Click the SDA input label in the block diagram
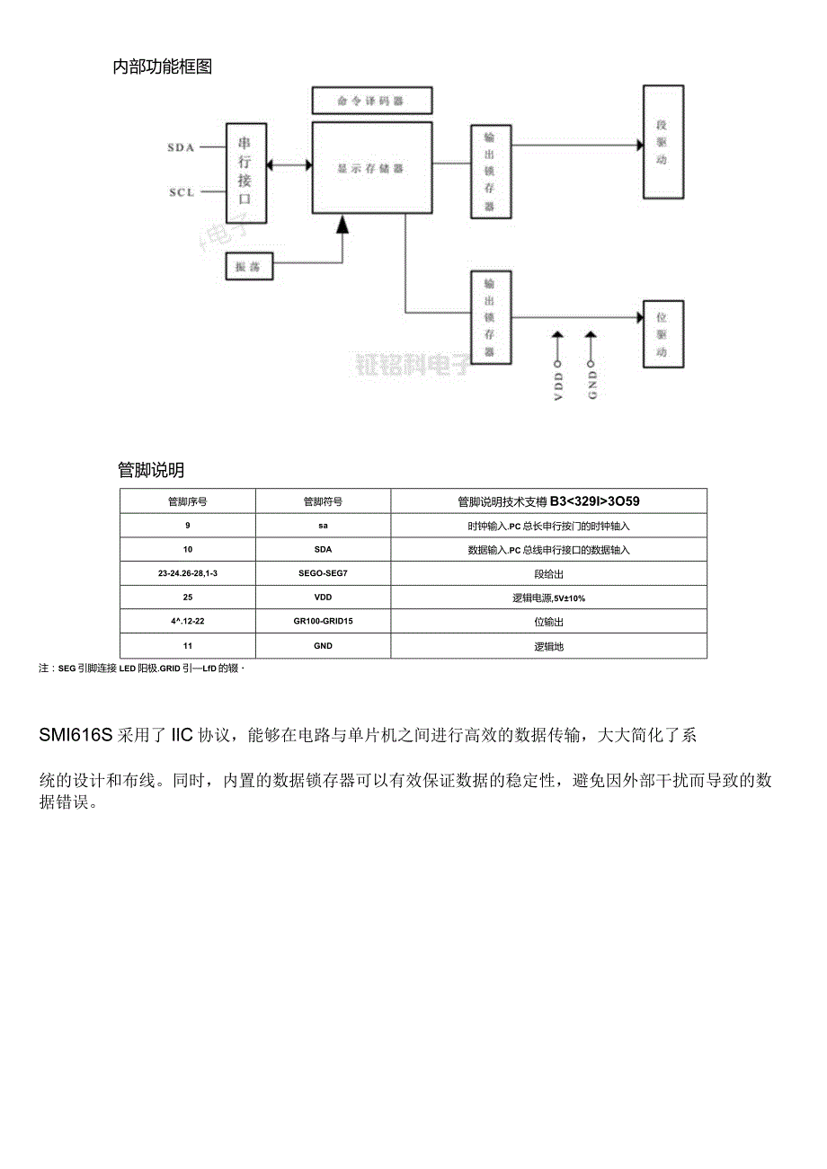tap(181, 147)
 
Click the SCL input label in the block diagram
tap(182, 192)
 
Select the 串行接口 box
tap(245, 173)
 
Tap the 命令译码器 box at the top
tap(371, 101)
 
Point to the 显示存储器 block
tap(370, 167)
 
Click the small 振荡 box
tap(248, 267)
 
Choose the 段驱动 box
tap(662, 142)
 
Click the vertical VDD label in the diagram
tap(557, 385)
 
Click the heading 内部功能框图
tap(163, 66)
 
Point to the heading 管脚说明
tap(151, 470)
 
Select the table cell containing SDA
tap(323, 549)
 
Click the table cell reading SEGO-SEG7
tap(323, 573)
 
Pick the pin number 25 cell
tap(187, 598)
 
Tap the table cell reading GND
tap(323, 646)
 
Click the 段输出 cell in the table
tap(548, 573)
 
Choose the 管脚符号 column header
tap(323, 501)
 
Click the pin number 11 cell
tap(187, 646)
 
